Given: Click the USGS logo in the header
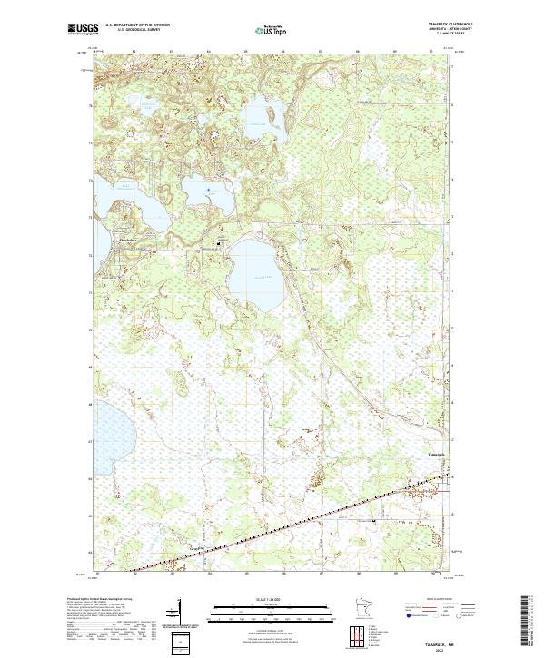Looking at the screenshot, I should [83, 29].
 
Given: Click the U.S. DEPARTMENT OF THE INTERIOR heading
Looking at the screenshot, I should [137, 26].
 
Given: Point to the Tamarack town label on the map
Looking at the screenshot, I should [437, 455].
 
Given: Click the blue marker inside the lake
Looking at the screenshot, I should [209, 190].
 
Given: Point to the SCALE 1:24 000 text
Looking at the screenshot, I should [272, 599].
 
